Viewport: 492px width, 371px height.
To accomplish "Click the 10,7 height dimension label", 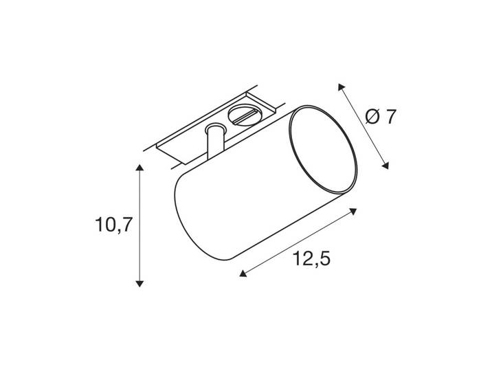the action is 113,225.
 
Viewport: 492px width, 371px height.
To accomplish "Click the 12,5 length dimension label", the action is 312,259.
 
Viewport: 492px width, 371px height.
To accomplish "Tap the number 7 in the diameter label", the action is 390,117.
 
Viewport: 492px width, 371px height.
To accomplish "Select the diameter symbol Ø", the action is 372,117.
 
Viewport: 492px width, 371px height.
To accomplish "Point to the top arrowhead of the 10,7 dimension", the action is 139,167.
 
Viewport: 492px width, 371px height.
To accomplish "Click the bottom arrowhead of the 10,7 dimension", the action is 139,284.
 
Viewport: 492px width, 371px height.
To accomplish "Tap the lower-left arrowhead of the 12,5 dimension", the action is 243,273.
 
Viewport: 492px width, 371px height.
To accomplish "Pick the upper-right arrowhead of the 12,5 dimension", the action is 354,211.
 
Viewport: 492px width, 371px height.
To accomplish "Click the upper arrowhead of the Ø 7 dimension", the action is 341,87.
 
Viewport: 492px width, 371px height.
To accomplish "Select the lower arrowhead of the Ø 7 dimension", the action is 385,166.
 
